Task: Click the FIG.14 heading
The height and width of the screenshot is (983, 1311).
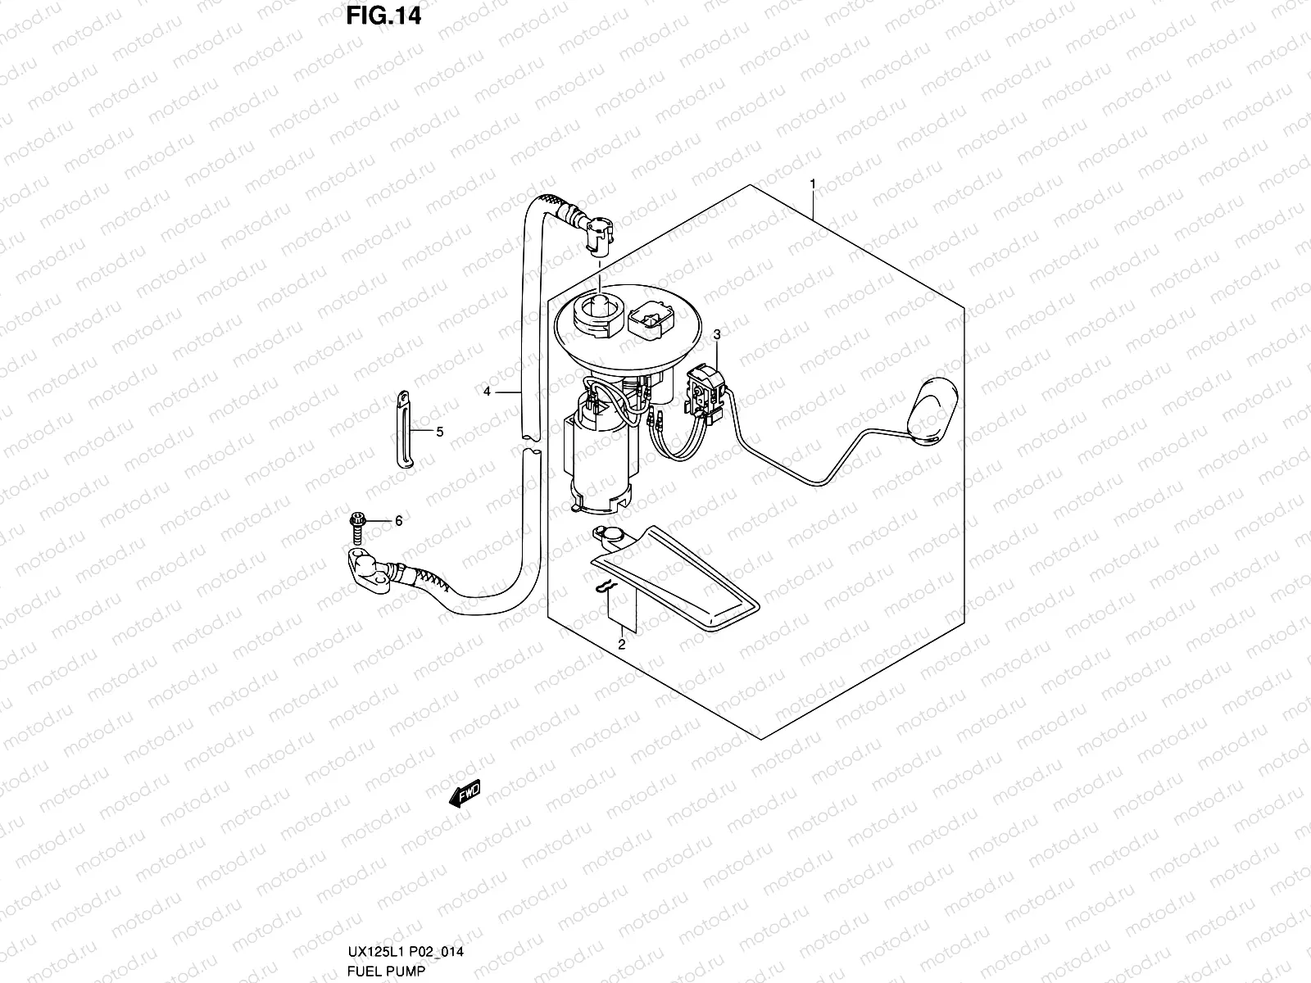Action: click(383, 16)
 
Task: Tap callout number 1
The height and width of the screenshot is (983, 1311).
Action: click(812, 184)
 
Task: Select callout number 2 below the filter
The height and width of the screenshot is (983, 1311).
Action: click(621, 645)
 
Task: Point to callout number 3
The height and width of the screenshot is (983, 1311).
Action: click(717, 334)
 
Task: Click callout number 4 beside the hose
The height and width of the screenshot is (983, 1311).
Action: click(487, 392)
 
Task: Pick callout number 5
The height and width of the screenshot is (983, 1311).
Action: click(439, 432)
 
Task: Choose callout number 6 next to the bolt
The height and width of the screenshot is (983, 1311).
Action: click(399, 521)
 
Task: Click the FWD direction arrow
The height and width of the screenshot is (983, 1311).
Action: click(464, 793)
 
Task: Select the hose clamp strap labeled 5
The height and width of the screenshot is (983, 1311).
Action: click(405, 429)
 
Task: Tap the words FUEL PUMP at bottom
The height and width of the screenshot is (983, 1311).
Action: click(375, 970)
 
